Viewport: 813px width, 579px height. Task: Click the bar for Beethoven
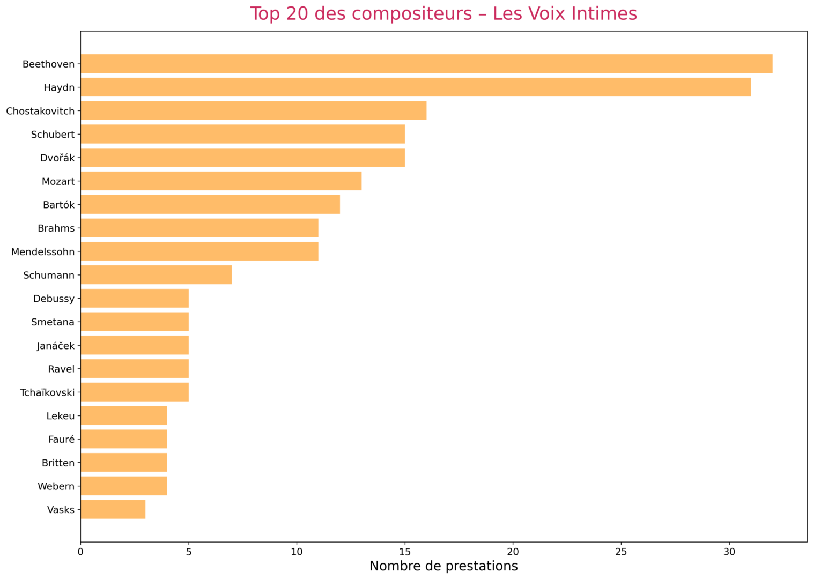pyautogui.click(x=426, y=64)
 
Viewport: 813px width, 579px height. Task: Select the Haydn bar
pyautogui.click(x=416, y=87)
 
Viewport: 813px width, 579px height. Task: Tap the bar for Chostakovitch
pyautogui.click(x=254, y=110)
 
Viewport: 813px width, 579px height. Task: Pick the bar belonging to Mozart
pyautogui.click(x=221, y=181)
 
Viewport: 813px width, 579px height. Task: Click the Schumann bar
pyautogui.click(x=156, y=275)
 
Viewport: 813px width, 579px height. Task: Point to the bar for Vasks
pyautogui.click(x=113, y=510)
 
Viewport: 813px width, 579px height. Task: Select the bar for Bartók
pyautogui.click(x=210, y=205)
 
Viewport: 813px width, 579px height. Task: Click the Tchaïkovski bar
pyautogui.click(x=135, y=392)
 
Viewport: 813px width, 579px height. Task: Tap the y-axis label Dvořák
pyautogui.click(x=57, y=158)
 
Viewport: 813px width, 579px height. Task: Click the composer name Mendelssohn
pyautogui.click(x=43, y=252)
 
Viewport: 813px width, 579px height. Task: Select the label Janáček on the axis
pyautogui.click(x=56, y=346)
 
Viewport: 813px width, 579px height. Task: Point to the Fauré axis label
pyautogui.click(x=61, y=440)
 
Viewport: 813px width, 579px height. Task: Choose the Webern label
pyautogui.click(x=56, y=487)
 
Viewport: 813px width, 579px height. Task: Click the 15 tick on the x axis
pyautogui.click(x=405, y=552)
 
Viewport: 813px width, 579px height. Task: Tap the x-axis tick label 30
pyautogui.click(x=729, y=552)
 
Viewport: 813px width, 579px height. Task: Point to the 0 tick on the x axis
pyautogui.click(x=80, y=552)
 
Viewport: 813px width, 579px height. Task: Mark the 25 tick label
pyautogui.click(x=621, y=552)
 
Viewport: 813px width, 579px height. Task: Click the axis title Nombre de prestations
pyautogui.click(x=444, y=566)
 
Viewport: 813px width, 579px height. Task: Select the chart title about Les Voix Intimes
pyautogui.click(x=444, y=13)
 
